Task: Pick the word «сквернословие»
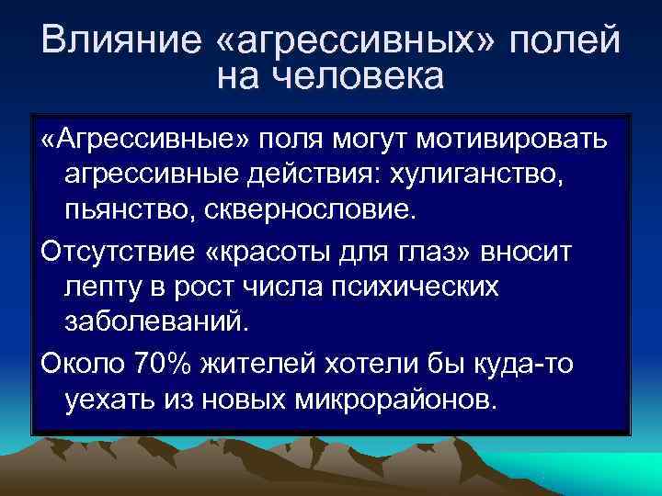pyautogui.click(x=313, y=209)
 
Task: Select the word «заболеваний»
pyautogui.click(x=156, y=321)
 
